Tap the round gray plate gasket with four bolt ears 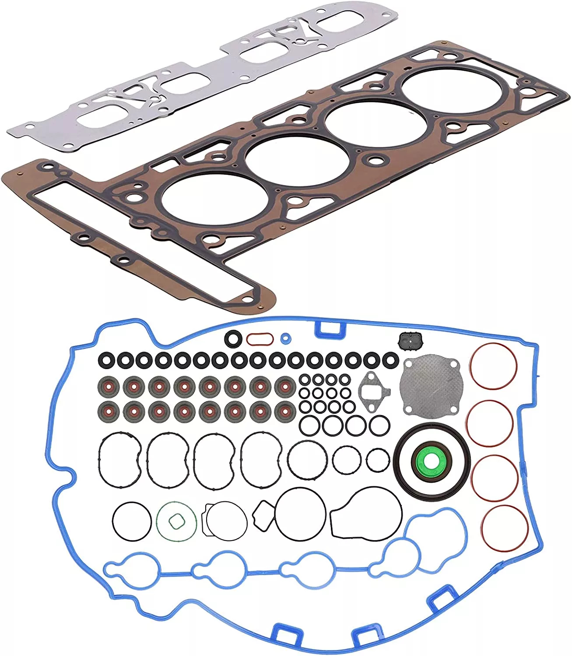(430, 387)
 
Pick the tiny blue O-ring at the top (285, 338)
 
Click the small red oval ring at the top (260, 338)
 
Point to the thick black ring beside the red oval (232, 338)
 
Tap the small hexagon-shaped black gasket (264, 516)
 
